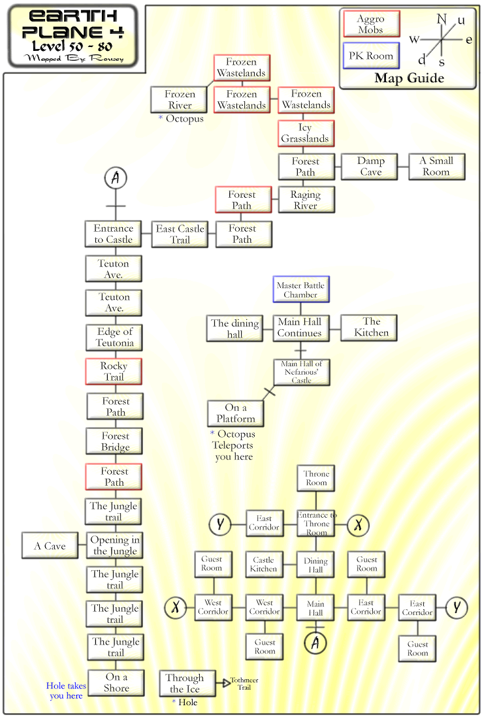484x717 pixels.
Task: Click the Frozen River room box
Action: click(x=180, y=100)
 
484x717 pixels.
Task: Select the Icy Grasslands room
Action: click(x=306, y=133)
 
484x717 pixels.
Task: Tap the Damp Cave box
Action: click(x=370, y=167)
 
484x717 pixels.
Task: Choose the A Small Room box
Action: click(x=436, y=167)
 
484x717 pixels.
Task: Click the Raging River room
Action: click(x=306, y=200)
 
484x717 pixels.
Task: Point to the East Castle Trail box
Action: click(x=180, y=234)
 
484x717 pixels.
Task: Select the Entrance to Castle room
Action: click(x=113, y=234)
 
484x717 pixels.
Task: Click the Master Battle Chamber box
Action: click(x=301, y=289)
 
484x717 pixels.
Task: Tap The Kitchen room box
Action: click(x=369, y=328)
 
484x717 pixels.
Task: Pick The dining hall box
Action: click(x=234, y=328)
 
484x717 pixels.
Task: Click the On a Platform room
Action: click(x=236, y=413)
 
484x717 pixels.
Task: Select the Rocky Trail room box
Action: click(x=114, y=372)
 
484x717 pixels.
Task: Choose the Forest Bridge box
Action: click(x=114, y=441)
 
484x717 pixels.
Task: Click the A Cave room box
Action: click(x=50, y=545)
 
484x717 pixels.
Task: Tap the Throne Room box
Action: click(x=316, y=478)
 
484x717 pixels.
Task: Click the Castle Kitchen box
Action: click(x=264, y=564)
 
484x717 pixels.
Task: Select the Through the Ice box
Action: click(x=186, y=683)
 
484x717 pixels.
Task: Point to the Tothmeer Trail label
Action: click(x=244, y=684)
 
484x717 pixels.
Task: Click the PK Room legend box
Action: click(x=371, y=56)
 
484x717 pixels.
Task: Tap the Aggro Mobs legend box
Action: click(x=371, y=24)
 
